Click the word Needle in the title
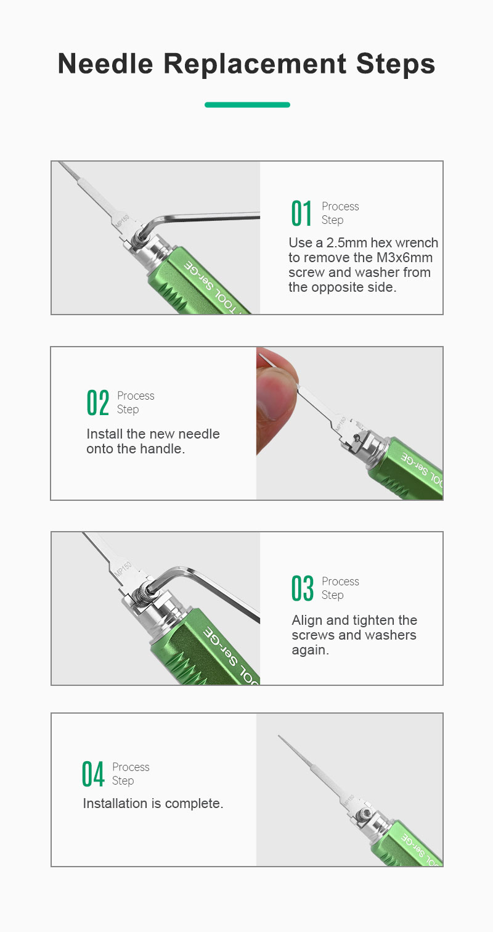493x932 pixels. click(x=105, y=64)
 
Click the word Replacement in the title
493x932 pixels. click(x=255, y=65)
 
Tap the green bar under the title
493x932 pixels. click(x=247, y=105)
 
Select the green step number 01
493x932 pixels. click(x=301, y=213)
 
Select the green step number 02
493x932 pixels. click(x=98, y=402)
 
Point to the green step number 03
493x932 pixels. click(x=302, y=588)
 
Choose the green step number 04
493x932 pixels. click(x=93, y=773)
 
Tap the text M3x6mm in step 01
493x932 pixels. click(x=404, y=258)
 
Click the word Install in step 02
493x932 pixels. click(x=105, y=434)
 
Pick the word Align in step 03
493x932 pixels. click(x=307, y=621)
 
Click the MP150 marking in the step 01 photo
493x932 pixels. click(x=122, y=221)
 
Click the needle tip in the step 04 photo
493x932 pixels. click(x=279, y=736)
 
